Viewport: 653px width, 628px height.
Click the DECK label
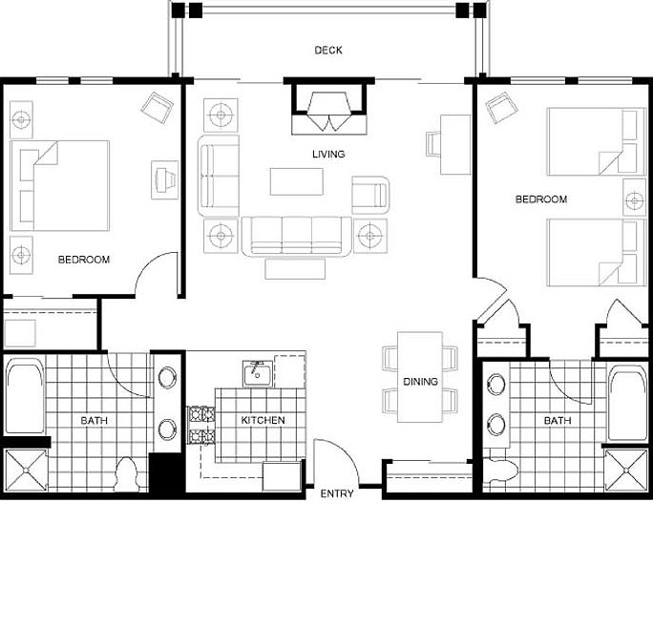tap(328, 51)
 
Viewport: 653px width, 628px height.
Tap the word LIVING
tap(328, 154)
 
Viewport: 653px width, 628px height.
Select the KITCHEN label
tap(263, 420)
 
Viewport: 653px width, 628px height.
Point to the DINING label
tap(420, 381)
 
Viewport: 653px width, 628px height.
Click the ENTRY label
tap(337, 493)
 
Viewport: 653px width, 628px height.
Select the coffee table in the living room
tap(297, 181)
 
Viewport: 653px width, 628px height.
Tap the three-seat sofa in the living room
tap(297, 236)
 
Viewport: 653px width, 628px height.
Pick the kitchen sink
tap(258, 373)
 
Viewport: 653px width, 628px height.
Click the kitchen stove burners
tap(202, 426)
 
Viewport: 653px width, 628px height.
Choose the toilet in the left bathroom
tap(126, 474)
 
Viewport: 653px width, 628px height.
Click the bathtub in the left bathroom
tap(25, 395)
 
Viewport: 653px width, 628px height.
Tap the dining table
tap(420, 377)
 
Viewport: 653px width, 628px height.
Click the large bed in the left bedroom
tap(60, 186)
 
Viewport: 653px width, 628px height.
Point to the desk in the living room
tap(455, 144)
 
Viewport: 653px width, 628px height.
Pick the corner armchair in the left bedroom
tap(157, 108)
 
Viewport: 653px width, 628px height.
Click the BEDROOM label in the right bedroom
tap(541, 199)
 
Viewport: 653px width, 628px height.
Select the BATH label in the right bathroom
tap(558, 421)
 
